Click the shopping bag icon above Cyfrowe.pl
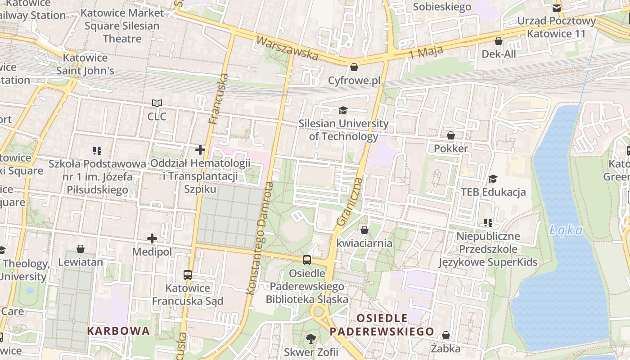(354, 67)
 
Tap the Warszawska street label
(287, 48)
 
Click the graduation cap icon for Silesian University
(343, 110)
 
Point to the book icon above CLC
(157, 103)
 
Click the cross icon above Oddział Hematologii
(200, 149)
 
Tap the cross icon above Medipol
(152, 238)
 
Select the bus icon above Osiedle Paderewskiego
(307, 260)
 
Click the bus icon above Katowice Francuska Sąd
(188, 274)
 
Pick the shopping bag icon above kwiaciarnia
(364, 230)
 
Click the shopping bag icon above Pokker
(451, 135)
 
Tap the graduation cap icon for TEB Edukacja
(493, 179)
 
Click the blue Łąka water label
(566, 231)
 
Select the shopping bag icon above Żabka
(446, 335)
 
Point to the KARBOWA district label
(118, 331)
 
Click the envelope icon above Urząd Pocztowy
(557, 8)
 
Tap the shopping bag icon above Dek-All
(499, 41)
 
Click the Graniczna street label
(350, 202)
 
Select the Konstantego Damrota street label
(260, 238)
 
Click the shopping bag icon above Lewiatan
(81, 249)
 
